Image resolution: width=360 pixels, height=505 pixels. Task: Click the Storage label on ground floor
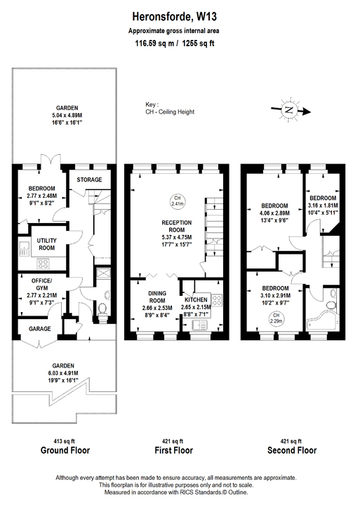(89, 180)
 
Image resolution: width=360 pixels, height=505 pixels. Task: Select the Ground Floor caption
(65, 450)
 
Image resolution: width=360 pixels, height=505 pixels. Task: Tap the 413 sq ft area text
(65, 436)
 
